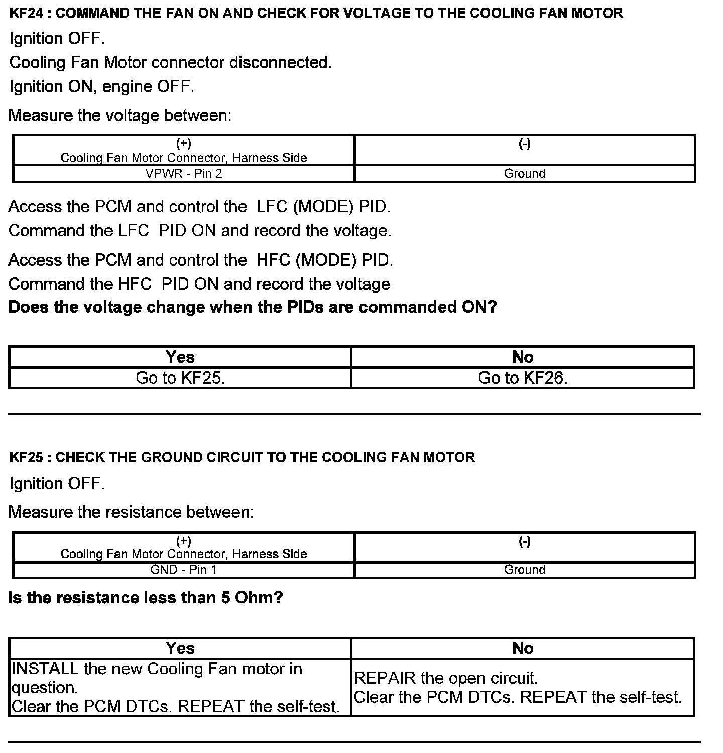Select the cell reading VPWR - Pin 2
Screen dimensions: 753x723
(183, 174)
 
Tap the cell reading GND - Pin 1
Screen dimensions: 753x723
(183, 570)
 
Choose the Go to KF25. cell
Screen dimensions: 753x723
(180, 378)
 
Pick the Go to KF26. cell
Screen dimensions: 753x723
(523, 378)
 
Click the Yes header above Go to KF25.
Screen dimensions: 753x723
(180, 357)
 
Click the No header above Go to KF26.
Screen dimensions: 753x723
(523, 357)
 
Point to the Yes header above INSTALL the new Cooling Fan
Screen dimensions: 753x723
(180, 648)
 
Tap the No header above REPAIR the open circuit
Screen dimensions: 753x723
(523, 648)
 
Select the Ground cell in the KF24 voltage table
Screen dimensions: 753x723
(525, 174)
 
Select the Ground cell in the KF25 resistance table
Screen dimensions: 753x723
(525, 570)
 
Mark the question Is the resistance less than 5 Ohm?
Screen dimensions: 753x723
(146, 598)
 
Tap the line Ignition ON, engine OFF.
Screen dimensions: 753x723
(102, 86)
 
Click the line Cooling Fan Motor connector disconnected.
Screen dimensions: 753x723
(171, 62)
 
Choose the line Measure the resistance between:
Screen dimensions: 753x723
(131, 512)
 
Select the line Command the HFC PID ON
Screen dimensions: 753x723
(199, 284)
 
